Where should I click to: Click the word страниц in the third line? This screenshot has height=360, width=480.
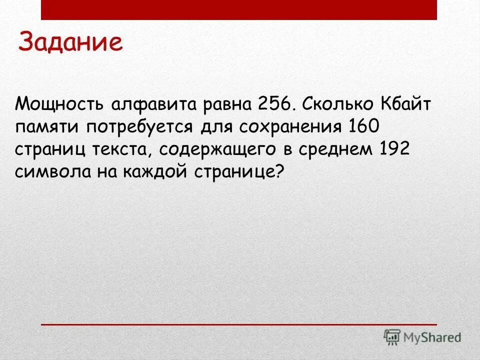(53, 150)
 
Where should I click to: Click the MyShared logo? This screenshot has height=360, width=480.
(422, 337)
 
